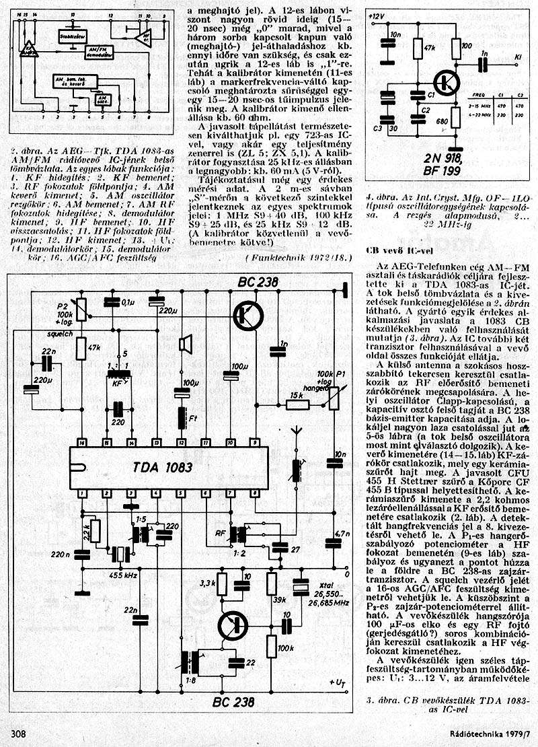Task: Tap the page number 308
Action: [x=18, y=734]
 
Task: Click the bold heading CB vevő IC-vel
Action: [x=399, y=249]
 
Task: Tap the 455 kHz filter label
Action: [x=124, y=576]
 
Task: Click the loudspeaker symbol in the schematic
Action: [x=182, y=345]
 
